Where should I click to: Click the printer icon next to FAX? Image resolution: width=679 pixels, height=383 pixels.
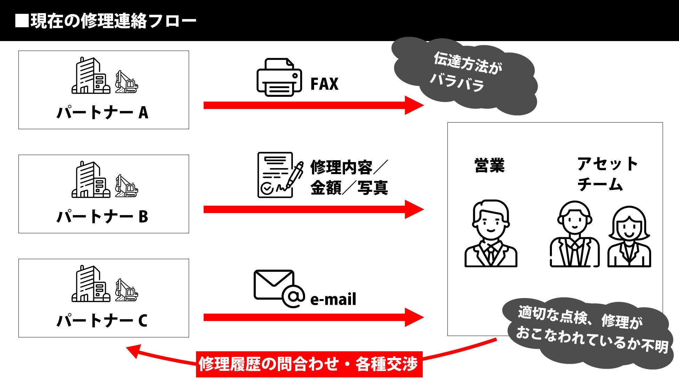coord(279,77)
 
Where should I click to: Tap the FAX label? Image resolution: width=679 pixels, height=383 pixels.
coord(324,84)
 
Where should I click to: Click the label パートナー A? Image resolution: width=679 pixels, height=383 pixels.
coord(103,113)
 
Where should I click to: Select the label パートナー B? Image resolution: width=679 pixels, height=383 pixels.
coord(103,217)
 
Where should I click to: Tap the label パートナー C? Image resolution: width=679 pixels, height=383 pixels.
coord(103,321)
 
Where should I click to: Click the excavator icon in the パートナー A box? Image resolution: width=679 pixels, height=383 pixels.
coord(126,82)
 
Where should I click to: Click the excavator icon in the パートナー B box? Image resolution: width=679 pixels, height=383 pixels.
coord(126,186)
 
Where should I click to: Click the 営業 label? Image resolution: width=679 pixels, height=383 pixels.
coord(490,166)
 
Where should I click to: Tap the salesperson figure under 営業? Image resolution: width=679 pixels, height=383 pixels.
coord(491,234)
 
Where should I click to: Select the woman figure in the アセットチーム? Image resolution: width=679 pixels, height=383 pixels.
coord(629,237)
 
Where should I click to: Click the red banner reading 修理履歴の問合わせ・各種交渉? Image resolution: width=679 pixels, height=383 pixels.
coord(309,364)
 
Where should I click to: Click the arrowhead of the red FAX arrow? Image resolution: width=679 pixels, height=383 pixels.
coord(414,105)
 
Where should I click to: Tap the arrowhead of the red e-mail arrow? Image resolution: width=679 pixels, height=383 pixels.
coord(414,317)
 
